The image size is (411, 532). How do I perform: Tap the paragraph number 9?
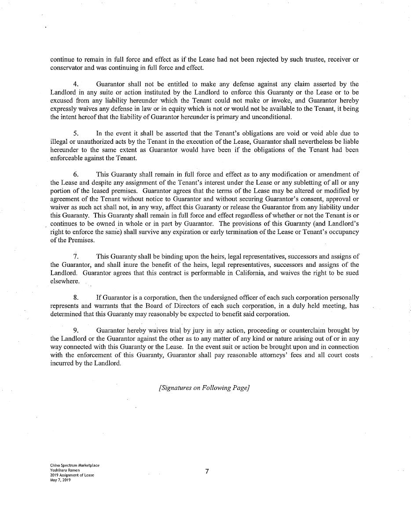pyautogui.click(x=76, y=330)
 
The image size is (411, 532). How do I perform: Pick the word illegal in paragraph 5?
pyautogui.click(x=60, y=142)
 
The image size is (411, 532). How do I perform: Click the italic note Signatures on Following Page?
pyautogui.click(x=204, y=388)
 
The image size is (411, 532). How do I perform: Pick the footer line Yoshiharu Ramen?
pyautogui.click(x=65, y=470)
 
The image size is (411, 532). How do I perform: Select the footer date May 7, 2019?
pyautogui.click(x=60, y=480)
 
